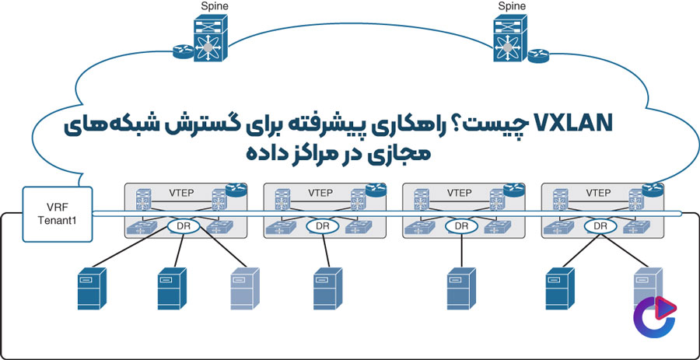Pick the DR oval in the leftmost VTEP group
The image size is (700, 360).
click(184, 226)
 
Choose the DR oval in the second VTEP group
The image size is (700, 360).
click(324, 226)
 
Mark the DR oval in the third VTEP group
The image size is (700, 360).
click(461, 226)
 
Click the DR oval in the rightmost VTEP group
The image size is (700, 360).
click(600, 226)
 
